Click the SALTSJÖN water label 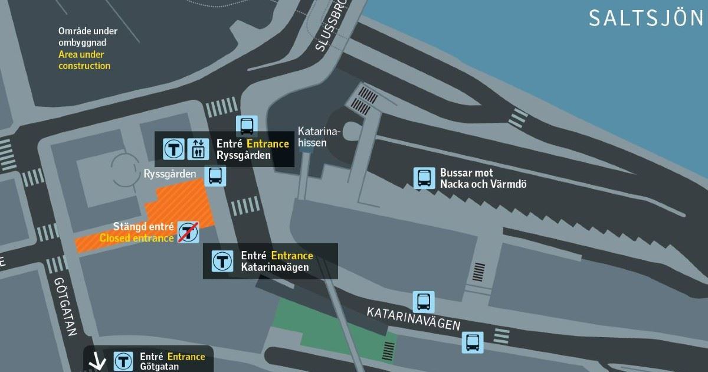pos(646,18)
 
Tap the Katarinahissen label pos(312,136)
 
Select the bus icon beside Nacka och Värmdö pos(424,178)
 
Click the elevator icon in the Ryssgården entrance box pos(197,149)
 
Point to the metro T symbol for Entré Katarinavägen pos(221,261)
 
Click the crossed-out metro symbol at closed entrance pos(188,232)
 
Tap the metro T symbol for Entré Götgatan pos(123,361)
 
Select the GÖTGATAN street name pos(65,307)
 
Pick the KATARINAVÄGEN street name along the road pos(413,319)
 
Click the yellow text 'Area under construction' pos(84,60)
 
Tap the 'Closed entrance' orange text pos(136,239)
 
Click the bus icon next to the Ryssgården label pos(215,175)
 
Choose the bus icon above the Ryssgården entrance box pos(247,125)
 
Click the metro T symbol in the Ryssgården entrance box pos(174,149)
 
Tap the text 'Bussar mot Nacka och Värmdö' pos(483,178)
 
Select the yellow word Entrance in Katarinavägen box pos(291,256)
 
